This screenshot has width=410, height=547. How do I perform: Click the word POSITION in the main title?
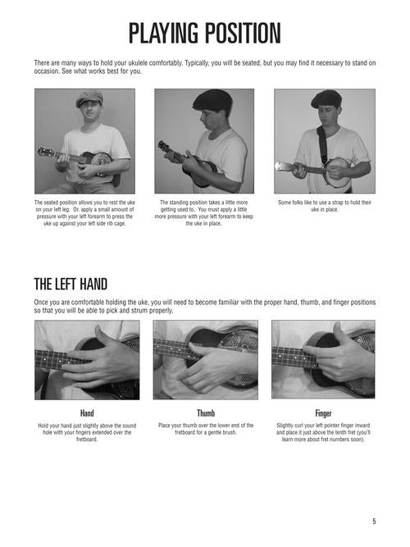(x=243, y=34)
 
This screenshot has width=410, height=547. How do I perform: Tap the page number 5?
(x=374, y=522)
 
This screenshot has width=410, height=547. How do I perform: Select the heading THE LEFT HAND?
(x=71, y=285)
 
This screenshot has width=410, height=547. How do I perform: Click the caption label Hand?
(x=87, y=413)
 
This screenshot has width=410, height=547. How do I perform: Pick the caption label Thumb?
(x=206, y=413)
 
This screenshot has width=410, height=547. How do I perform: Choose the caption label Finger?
(x=323, y=413)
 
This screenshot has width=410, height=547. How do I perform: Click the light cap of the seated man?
(x=89, y=98)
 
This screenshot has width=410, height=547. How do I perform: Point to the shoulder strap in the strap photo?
(x=323, y=145)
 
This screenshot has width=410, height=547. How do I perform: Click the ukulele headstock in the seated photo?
(x=43, y=152)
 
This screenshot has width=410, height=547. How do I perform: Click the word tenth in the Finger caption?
(x=330, y=432)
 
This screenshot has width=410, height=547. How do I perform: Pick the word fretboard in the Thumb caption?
(x=185, y=432)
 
